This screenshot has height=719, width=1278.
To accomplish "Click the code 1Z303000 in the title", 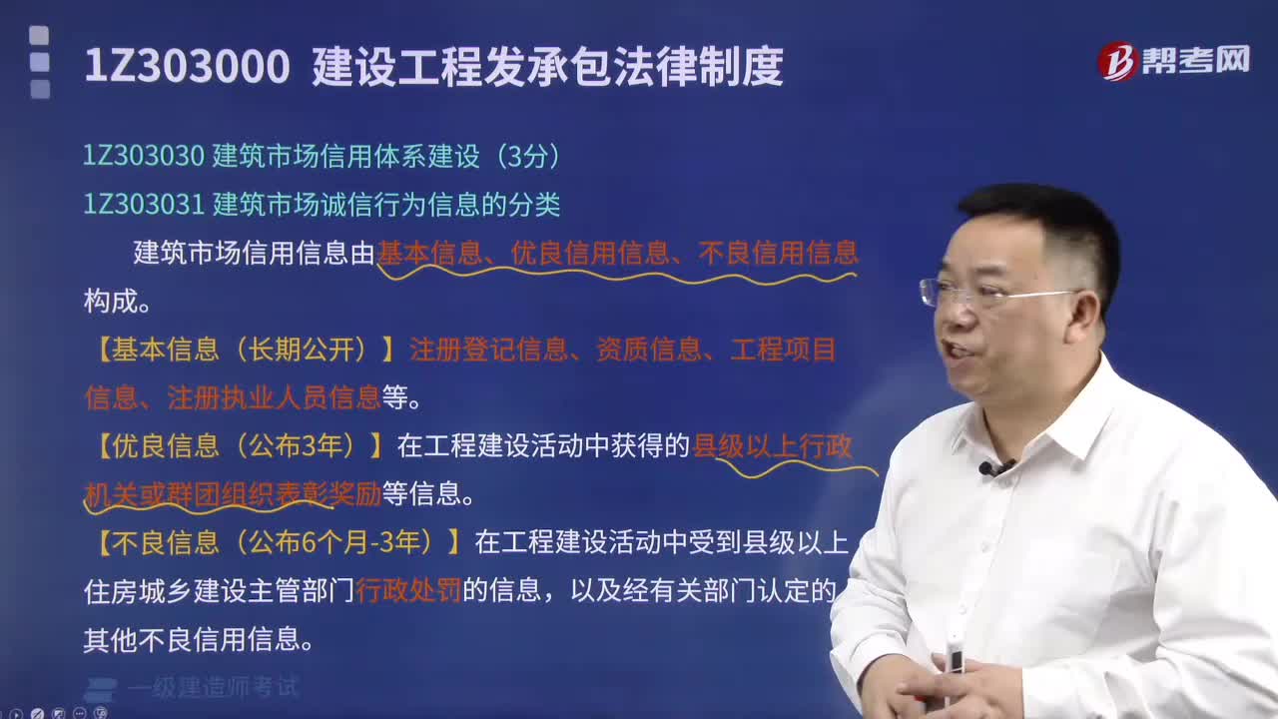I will click(x=187, y=68).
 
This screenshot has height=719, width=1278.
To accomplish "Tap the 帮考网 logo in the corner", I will click(x=1173, y=60).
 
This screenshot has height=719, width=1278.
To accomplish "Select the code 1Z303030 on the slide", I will click(x=144, y=156).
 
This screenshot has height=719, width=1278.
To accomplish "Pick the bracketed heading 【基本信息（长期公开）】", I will click(x=240, y=349).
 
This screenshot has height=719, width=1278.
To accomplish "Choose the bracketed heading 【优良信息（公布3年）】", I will click(x=240, y=445).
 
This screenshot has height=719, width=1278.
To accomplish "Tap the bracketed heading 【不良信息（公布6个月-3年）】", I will click(x=279, y=542).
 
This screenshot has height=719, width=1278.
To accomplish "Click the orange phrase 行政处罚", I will click(x=408, y=591).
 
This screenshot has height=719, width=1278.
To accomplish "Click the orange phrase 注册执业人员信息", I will click(x=274, y=397).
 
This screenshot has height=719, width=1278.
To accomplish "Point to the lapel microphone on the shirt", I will click(x=989, y=467).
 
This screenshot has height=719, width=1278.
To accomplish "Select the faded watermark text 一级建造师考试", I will click(x=212, y=687).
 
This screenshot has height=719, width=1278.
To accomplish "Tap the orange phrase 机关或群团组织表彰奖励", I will click(x=232, y=493).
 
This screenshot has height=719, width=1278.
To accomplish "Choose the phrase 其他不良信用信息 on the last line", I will click(x=191, y=639).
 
